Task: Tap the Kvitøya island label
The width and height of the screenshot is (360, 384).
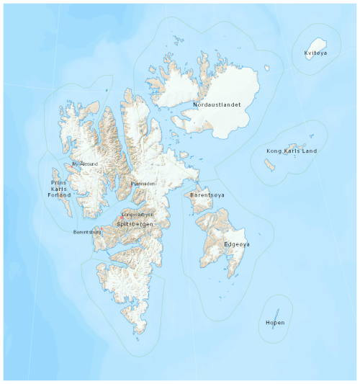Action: click(x=315, y=53)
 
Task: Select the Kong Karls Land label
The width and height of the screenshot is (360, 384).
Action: click(x=292, y=151)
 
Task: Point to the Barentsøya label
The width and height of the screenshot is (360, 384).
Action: click(x=207, y=195)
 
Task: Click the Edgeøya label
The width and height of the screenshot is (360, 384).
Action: click(x=237, y=245)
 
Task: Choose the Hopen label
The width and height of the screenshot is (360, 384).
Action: click(x=275, y=323)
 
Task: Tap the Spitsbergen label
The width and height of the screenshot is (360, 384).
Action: click(x=135, y=225)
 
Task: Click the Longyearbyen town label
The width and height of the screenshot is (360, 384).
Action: click(x=138, y=215)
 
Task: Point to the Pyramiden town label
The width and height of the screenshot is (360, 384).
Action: click(x=143, y=184)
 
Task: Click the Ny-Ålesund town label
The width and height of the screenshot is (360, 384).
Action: click(x=86, y=164)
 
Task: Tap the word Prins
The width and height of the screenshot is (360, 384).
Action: click(x=59, y=172)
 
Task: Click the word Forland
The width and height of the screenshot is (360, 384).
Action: click(x=59, y=195)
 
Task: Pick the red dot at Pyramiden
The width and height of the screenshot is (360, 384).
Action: click(x=132, y=184)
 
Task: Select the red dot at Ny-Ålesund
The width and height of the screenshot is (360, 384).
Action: click(x=72, y=164)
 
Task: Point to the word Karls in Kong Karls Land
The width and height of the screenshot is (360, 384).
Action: click(x=292, y=151)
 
